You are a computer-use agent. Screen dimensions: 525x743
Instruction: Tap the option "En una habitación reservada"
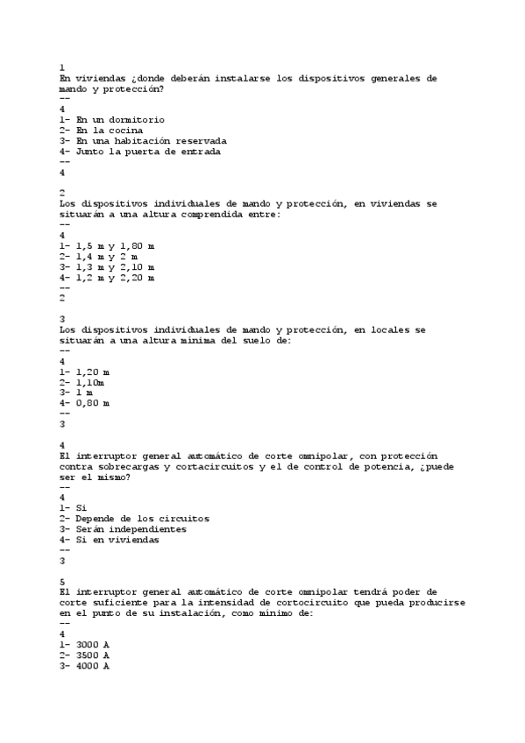[151, 141]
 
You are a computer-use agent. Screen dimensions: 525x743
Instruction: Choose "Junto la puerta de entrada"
[148, 152]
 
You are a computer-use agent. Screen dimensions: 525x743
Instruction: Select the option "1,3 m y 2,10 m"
[115, 267]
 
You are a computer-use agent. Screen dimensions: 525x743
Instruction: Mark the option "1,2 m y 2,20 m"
[115, 278]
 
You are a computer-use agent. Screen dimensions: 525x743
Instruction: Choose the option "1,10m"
[90, 383]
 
